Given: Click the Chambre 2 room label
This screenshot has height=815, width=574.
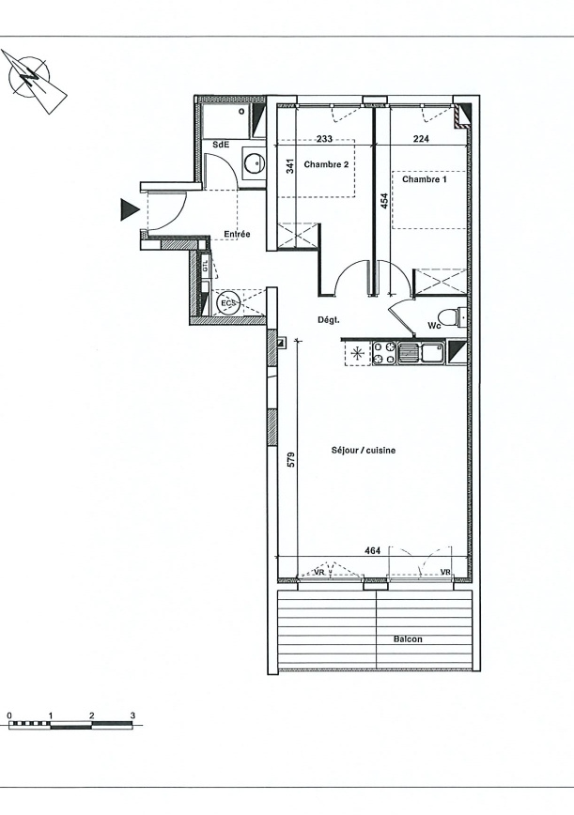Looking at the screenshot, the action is pos(326,164).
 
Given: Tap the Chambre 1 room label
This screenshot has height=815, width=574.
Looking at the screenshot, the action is pos(425,179).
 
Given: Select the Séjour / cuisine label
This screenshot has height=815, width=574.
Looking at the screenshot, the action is pos(363,450).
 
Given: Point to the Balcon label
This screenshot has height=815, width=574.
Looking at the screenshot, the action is pos(408,639).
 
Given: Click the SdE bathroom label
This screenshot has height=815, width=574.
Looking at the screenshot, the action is pos(221,145).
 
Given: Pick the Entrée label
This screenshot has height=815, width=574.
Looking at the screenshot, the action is pos(237,235).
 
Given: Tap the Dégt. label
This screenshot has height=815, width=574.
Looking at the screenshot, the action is pos(329,320).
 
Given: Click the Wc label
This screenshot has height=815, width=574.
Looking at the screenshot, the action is pos(434,326).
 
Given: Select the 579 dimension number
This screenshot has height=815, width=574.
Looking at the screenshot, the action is pos(291,460).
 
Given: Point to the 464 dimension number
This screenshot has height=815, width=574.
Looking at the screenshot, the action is pos(373,550).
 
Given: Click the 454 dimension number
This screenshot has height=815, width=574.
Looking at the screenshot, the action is pos(384,201).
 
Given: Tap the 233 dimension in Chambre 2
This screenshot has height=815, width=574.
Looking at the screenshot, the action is pos(324,139).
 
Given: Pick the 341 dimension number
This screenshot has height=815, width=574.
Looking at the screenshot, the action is pos(290,166).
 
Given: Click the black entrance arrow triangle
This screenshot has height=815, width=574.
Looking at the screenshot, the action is pos(130,210).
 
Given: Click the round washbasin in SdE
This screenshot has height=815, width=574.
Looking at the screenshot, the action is pos(255,162).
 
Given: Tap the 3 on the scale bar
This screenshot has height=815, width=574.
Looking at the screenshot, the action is pos(132,715).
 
